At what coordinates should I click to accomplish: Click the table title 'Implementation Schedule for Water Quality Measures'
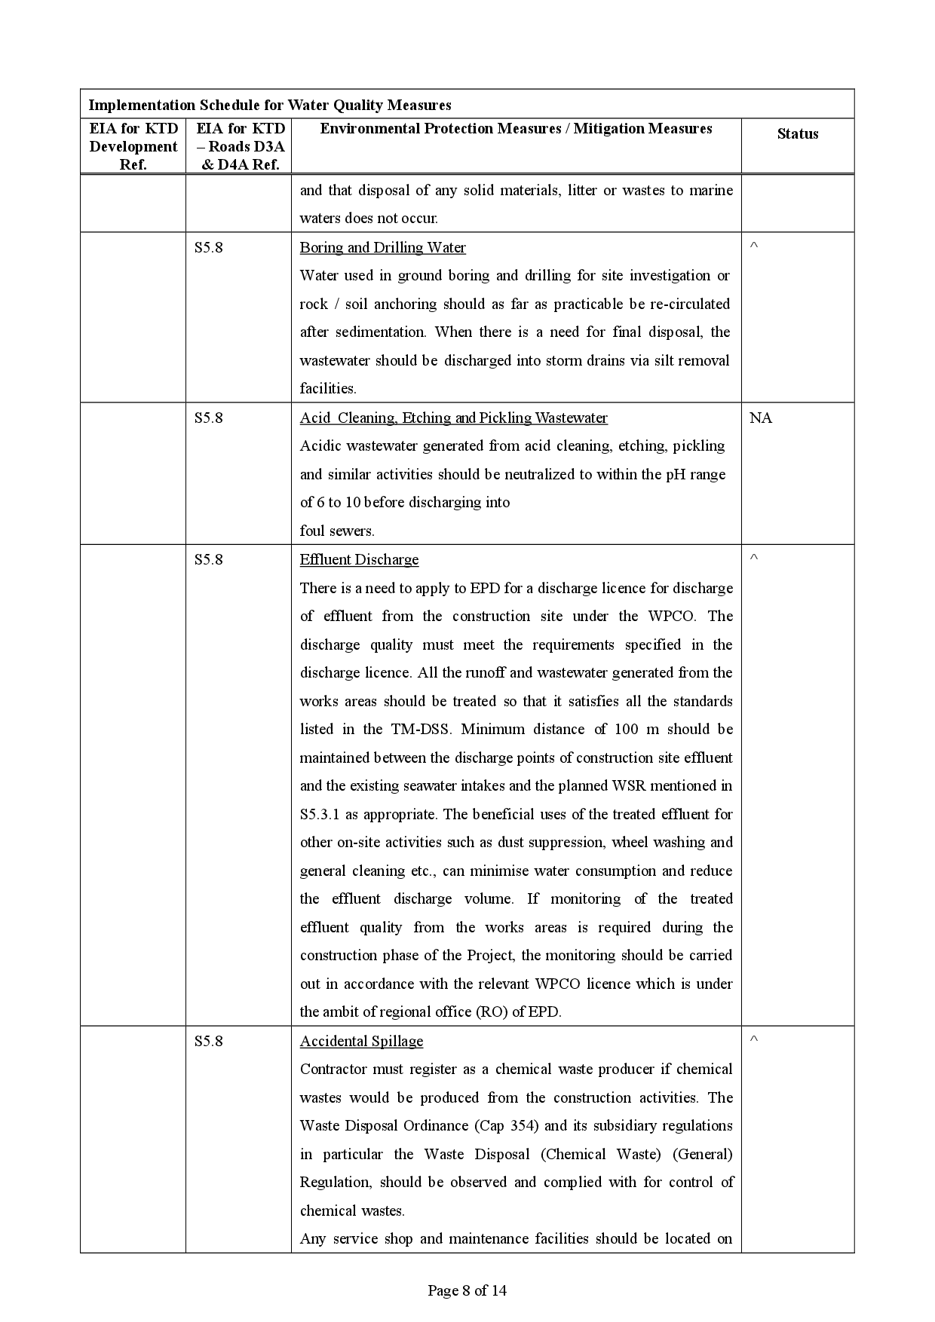(x=270, y=105)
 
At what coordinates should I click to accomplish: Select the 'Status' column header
(x=797, y=134)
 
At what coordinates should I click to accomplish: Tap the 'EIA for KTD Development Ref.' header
(x=133, y=146)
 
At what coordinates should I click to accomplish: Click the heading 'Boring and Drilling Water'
(x=382, y=248)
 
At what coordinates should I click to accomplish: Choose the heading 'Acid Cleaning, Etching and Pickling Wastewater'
(x=453, y=418)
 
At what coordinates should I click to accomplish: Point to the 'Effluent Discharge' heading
(x=359, y=560)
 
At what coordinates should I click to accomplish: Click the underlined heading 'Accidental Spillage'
(x=361, y=1042)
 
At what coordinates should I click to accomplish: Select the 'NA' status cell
(x=760, y=418)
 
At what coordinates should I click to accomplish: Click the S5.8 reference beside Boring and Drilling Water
(x=209, y=248)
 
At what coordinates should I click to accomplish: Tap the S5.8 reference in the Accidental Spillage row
(x=209, y=1042)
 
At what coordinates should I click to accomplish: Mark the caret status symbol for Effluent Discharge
(x=753, y=558)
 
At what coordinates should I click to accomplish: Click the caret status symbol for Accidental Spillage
(x=753, y=1040)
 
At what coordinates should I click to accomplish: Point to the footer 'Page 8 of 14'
(x=467, y=1290)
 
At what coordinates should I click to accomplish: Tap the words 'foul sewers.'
(x=337, y=531)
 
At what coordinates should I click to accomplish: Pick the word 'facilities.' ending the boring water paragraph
(x=328, y=389)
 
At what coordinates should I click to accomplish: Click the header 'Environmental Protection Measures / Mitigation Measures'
(x=516, y=129)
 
